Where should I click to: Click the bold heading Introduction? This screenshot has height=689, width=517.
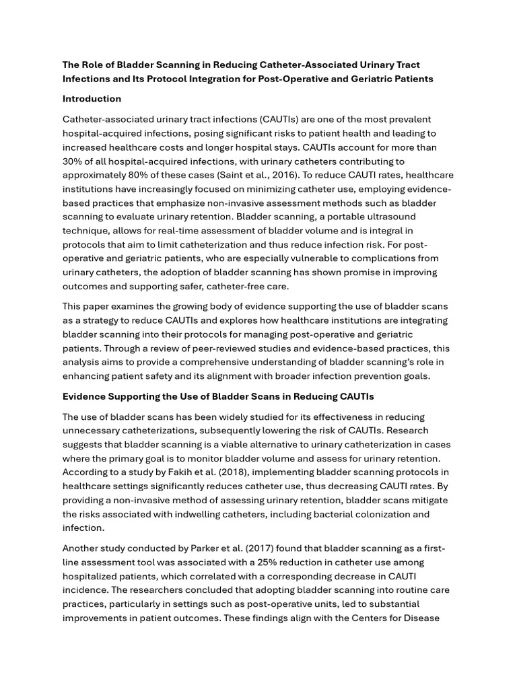[x=92, y=99]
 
